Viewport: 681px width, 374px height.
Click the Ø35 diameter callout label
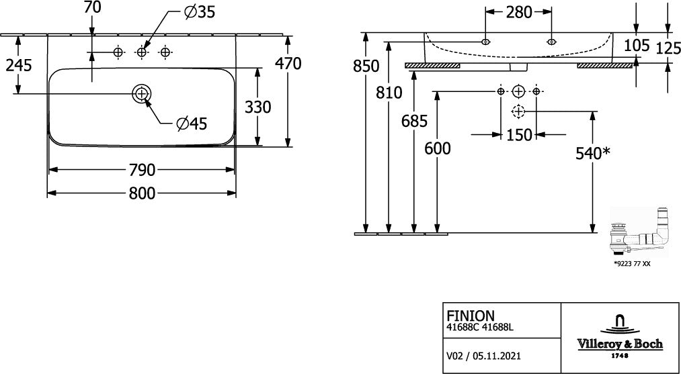click(x=200, y=13)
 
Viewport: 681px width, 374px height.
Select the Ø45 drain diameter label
click(x=192, y=124)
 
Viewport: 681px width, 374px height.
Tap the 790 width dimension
click(x=142, y=171)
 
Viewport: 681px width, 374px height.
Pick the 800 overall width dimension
click(x=142, y=193)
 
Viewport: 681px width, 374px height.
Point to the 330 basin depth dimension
click(x=258, y=107)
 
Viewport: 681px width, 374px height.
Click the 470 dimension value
click(x=288, y=64)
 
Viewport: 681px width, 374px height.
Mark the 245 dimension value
click(x=19, y=65)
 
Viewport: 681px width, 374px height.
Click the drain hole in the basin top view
click(x=142, y=93)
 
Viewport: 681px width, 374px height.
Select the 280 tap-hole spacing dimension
click(x=519, y=13)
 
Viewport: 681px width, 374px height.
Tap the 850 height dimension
click(x=366, y=66)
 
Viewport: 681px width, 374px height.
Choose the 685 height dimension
click(x=414, y=122)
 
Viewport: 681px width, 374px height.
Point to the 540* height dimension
click(x=593, y=152)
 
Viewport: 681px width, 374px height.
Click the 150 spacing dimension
click(x=519, y=135)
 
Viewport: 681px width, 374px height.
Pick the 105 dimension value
click(x=637, y=45)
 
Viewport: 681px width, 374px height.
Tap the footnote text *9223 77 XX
click(x=632, y=263)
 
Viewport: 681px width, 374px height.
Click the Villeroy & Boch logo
click(x=620, y=337)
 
